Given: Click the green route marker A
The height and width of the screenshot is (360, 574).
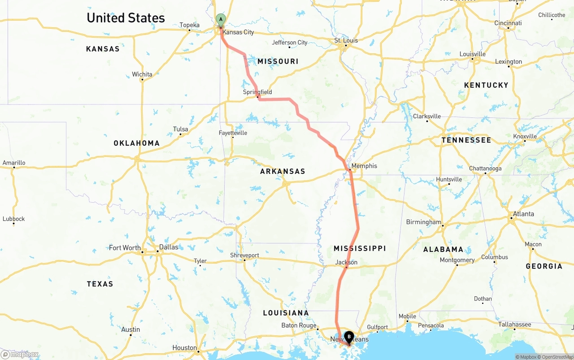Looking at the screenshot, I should (221, 19).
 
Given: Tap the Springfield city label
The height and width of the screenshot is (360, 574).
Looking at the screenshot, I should (257, 92).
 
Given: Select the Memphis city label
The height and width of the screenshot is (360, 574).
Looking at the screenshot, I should (364, 166).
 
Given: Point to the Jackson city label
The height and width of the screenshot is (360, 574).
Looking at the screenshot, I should (347, 262).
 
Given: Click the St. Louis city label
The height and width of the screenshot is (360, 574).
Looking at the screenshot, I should (346, 40).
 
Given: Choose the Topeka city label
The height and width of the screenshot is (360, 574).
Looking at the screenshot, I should (190, 25).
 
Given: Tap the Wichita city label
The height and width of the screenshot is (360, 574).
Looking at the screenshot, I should (142, 74).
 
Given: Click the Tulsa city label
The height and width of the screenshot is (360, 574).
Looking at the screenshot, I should (181, 129).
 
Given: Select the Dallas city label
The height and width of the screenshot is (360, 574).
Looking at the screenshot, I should (169, 247).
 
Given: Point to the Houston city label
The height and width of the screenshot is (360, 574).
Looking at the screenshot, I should (185, 347).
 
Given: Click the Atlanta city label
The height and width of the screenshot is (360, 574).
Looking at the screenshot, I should (523, 214).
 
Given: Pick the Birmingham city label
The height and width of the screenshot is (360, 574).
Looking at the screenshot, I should (424, 222).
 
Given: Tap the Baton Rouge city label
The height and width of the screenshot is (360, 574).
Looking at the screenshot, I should (299, 325).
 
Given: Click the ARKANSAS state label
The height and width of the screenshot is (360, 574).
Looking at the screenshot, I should (283, 171).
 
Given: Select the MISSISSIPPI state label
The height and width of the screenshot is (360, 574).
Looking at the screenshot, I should (360, 248).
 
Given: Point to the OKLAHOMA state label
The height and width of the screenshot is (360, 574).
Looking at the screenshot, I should (136, 143).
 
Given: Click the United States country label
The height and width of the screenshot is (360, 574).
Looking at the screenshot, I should (126, 18).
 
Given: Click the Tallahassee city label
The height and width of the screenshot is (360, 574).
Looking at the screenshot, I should (514, 325).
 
